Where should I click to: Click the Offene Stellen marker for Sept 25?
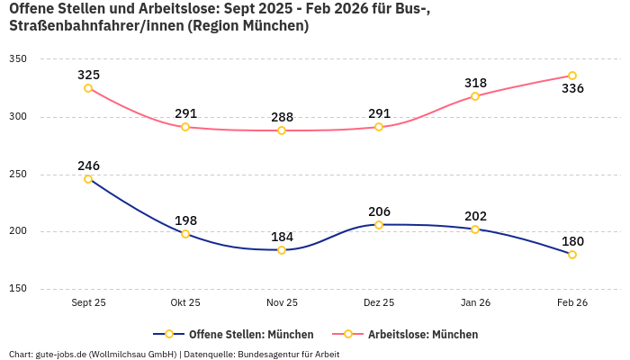(88, 179)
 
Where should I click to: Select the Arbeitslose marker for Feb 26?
(572, 76)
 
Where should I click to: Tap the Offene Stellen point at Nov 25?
(282, 250)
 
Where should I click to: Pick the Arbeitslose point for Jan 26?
(475, 95)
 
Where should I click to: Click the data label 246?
(88, 166)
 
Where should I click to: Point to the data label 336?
(572, 89)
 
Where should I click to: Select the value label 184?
(282, 237)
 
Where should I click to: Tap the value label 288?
(282, 117)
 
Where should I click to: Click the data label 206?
(379, 211)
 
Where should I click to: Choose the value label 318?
(475, 83)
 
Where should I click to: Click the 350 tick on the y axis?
(18, 59)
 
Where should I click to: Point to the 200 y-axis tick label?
(18, 231)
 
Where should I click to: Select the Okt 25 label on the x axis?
(185, 302)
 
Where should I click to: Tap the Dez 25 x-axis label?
(379, 302)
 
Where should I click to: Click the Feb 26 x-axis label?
(572, 302)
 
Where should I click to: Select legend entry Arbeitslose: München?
(422, 334)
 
